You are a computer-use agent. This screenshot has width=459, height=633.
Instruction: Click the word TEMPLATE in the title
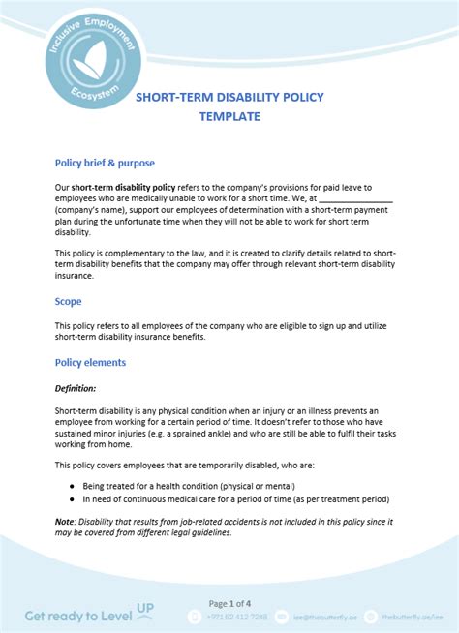(x=229, y=116)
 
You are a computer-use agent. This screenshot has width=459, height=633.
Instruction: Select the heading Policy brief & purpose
(x=105, y=163)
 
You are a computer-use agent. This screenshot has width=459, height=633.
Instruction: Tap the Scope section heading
(x=68, y=301)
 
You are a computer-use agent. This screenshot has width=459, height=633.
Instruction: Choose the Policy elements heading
(x=90, y=363)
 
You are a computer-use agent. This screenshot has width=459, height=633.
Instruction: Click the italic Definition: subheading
(x=76, y=388)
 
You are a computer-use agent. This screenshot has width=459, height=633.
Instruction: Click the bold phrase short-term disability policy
(x=123, y=187)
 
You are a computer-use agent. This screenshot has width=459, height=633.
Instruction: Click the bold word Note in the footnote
(x=64, y=521)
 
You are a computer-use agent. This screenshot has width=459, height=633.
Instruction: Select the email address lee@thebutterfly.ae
(x=325, y=616)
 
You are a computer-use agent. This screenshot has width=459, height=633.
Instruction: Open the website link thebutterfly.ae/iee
(x=413, y=616)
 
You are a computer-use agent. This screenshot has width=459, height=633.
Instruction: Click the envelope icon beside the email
(x=282, y=616)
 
